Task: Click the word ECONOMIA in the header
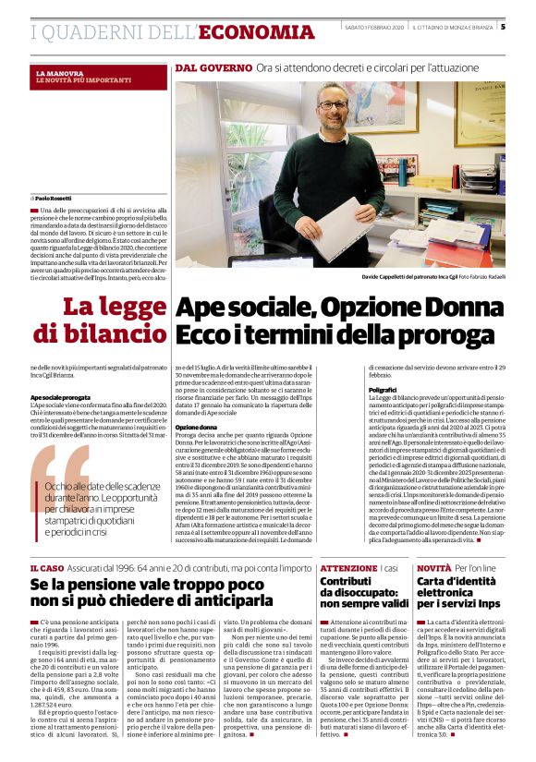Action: click(256, 32)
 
